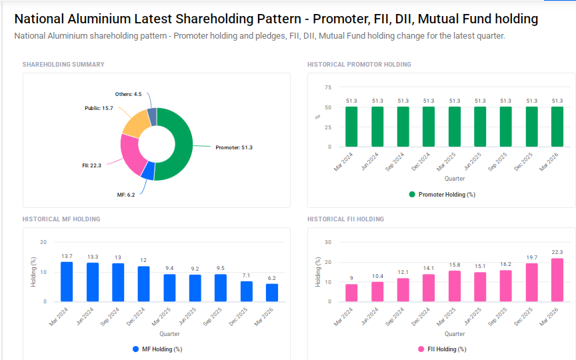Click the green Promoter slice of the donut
183,143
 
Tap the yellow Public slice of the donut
135,122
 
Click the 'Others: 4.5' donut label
128,94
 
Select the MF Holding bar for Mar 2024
67,281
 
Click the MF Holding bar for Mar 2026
271,293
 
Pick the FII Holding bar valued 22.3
557,280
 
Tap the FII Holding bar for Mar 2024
351,293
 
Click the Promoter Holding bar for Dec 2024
429,127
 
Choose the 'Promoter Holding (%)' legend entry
441,195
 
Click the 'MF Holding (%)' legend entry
157,349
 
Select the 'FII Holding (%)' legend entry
441,349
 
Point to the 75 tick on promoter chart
327,87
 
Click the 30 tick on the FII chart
327,242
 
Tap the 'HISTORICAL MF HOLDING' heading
61,219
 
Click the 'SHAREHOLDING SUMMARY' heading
63,65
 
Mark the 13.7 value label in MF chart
67,256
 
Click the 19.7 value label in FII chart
532,257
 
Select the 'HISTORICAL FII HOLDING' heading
345,219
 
